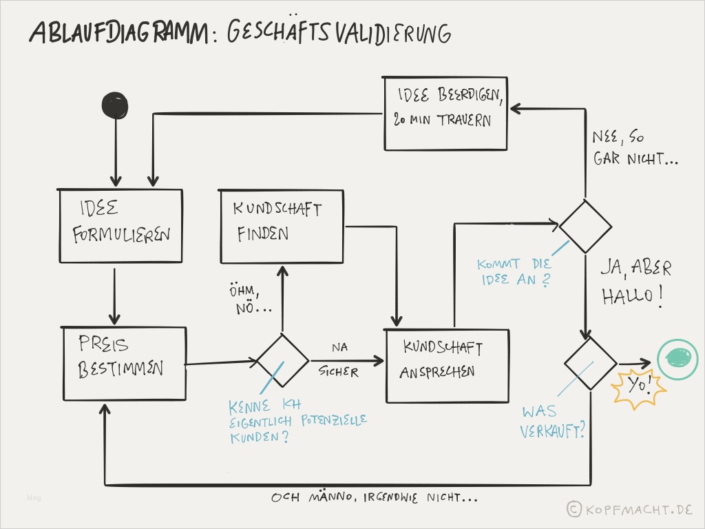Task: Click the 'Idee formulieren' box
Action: point(120,226)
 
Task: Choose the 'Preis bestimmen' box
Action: point(125,364)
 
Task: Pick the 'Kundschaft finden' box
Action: point(281,226)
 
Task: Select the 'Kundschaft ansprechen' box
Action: point(447,366)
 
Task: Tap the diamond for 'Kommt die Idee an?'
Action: point(585,227)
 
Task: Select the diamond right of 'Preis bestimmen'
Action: point(282,361)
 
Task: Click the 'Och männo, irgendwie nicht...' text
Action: point(375,497)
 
